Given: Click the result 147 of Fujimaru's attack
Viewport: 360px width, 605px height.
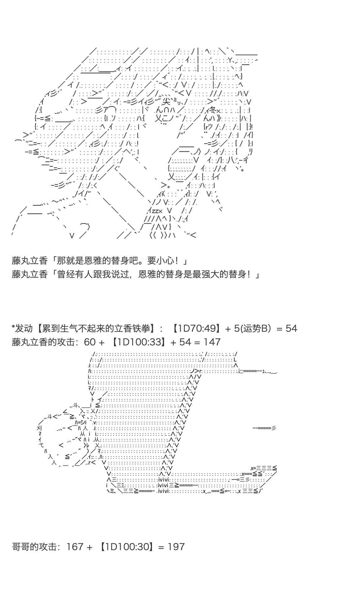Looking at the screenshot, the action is (212, 342).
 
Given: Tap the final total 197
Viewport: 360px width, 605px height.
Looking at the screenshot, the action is (176, 546).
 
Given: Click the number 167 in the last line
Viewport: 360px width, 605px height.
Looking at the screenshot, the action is (75, 546).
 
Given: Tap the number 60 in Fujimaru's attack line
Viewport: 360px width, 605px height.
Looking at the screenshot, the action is (90, 342).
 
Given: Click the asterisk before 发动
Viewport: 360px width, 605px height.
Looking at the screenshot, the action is (13, 327).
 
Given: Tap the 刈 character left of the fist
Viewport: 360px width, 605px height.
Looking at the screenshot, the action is (39, 428).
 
